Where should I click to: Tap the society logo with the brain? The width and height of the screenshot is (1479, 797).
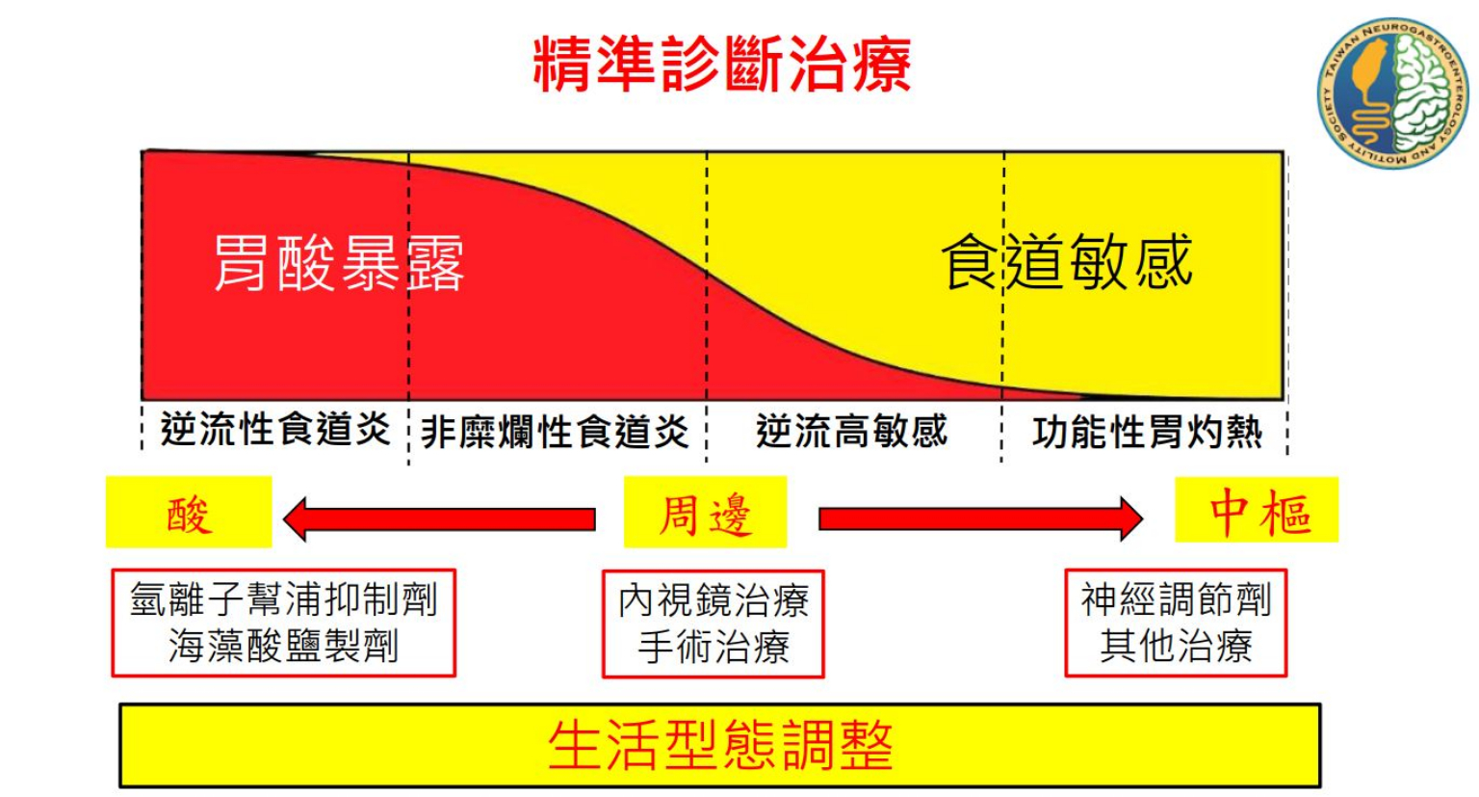[1392, 93]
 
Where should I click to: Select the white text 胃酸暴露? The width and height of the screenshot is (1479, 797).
[338, 262]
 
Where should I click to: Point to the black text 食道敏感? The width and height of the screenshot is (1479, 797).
[1067, 261]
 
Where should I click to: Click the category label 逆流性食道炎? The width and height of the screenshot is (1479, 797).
[275, 430]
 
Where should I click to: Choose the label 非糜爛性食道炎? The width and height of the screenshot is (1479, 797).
[556, 432]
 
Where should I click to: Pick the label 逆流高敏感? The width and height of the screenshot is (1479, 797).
[851, 431]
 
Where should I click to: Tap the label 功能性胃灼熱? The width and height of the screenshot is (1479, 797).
[1147, 433]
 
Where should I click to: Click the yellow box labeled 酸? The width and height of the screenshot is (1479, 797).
[189, 513]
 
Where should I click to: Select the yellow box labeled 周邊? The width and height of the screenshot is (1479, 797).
[705, 513]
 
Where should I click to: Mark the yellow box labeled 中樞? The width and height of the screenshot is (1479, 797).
[1257, 511]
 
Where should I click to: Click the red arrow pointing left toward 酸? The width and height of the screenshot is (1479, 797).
[439, 519]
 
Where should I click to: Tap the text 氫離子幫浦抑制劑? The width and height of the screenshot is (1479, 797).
[284, 599]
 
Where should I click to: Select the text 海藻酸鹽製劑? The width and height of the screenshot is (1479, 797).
[284, 646]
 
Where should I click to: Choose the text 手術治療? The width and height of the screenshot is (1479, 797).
[714, 646]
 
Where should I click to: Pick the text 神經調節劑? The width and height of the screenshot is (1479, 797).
[1176, 599]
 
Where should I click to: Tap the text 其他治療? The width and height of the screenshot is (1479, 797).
[1176, 646]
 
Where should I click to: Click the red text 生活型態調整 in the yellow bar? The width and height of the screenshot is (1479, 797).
[720, 745]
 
